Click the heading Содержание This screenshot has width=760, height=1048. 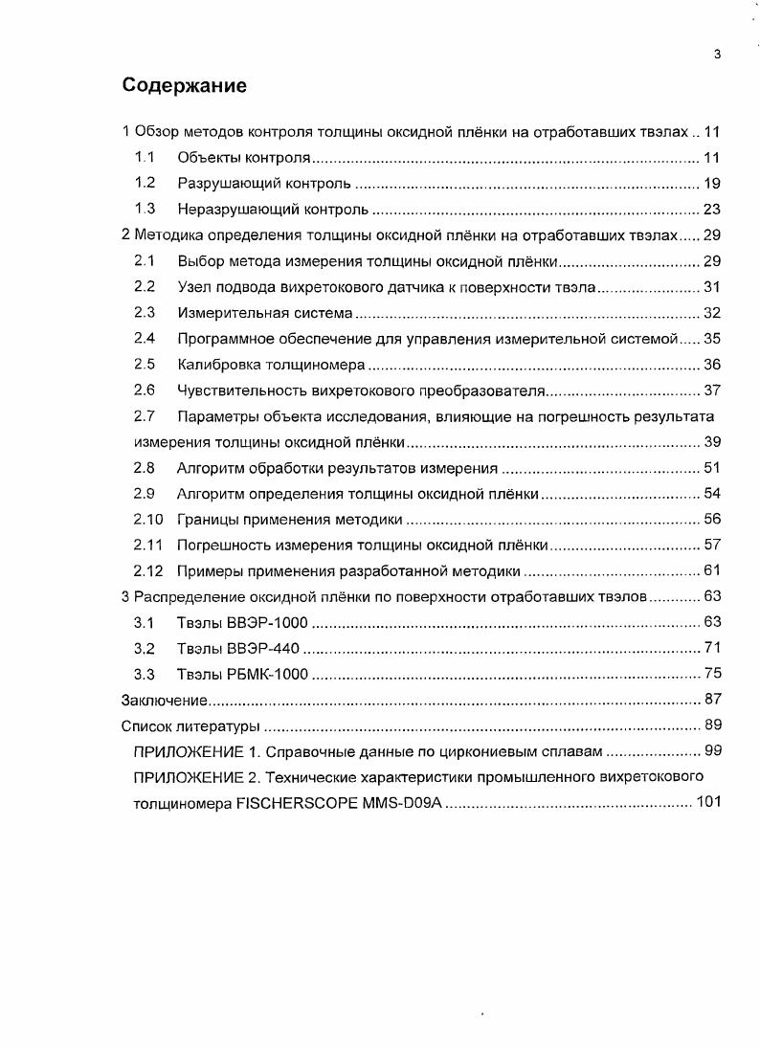pyautogui.click(x=185, y=85)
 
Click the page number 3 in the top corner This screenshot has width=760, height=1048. pyautogui.click(x=717, y=55)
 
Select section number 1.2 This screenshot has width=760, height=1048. pyautogui.click(x=145, y=183)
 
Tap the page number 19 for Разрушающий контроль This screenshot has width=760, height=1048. pyautogui.click(x=711, y=183)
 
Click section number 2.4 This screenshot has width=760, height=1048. pyautogui.click(x=145, y=338)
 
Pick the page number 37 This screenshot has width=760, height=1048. pyautogui.click(x=711, y=390)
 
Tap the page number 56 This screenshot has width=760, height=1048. pyautogui.click(x=711, y=519)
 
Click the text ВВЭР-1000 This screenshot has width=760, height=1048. pyautogui.click(x=266, y=622)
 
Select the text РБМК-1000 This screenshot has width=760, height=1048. pyautogui.click(x=265, y=674)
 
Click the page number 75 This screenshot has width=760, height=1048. pyautogui.click(x=711, y=674)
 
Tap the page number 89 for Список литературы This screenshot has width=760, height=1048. pyautogui.click(x=711, y=725)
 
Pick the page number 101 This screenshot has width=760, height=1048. pyautogui.click(x=708, y=803)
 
